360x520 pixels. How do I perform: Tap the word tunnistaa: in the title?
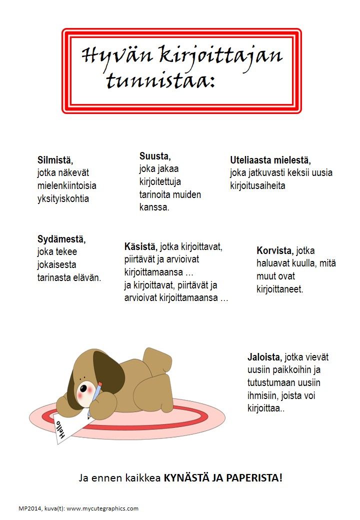pyautogui.click(x=160, y=80)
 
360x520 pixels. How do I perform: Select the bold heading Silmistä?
pyautogui.click(x=55, y=160)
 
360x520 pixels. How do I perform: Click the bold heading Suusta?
pyautogui.click(x=155, y=155)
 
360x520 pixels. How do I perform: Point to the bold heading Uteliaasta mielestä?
pyautogui.click(x=270, y=160)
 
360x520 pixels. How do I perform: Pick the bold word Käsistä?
pyautogui.click(x=141, y=246)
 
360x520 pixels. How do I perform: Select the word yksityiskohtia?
pyautogui.click(x=63, y=198)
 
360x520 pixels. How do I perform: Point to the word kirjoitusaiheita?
pyautogui.click(x=257, y=186)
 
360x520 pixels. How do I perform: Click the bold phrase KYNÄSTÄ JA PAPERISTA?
pyautogui.click(x=223, y=477)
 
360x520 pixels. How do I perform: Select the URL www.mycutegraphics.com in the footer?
pyautogui.click(x=102, y=508)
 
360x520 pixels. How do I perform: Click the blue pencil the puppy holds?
pyautogui.click(x=97, y=391)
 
